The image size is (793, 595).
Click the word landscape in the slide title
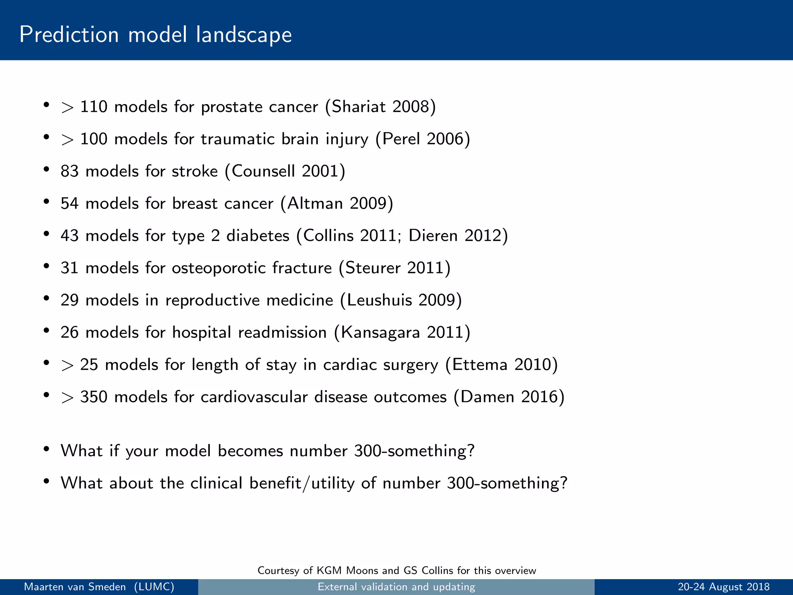point(244,35)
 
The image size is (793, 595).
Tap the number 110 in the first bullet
point(93,107)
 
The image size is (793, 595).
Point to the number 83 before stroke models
point(70,171)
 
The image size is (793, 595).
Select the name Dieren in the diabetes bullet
point(433,236)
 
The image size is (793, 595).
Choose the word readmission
point(282,332)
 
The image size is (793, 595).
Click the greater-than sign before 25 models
point(67,365)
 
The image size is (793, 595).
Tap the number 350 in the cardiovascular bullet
point(93,397)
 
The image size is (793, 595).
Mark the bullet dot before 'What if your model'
point(46,449)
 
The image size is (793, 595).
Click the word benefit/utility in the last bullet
point(302,483)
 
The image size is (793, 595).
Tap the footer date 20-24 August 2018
point(723,587)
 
